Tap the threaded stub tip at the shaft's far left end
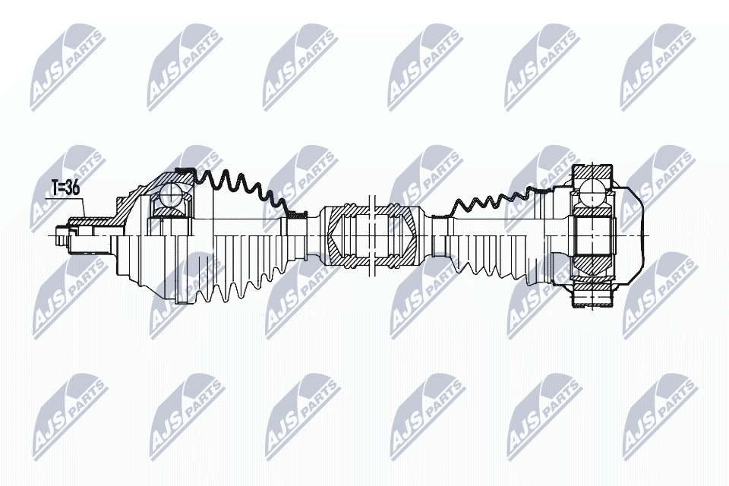coord(62,236)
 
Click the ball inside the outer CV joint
coord(171,196)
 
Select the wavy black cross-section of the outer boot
coord(235,186)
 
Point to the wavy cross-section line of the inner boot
coord(494,200)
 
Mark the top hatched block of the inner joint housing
coord(592,173)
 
